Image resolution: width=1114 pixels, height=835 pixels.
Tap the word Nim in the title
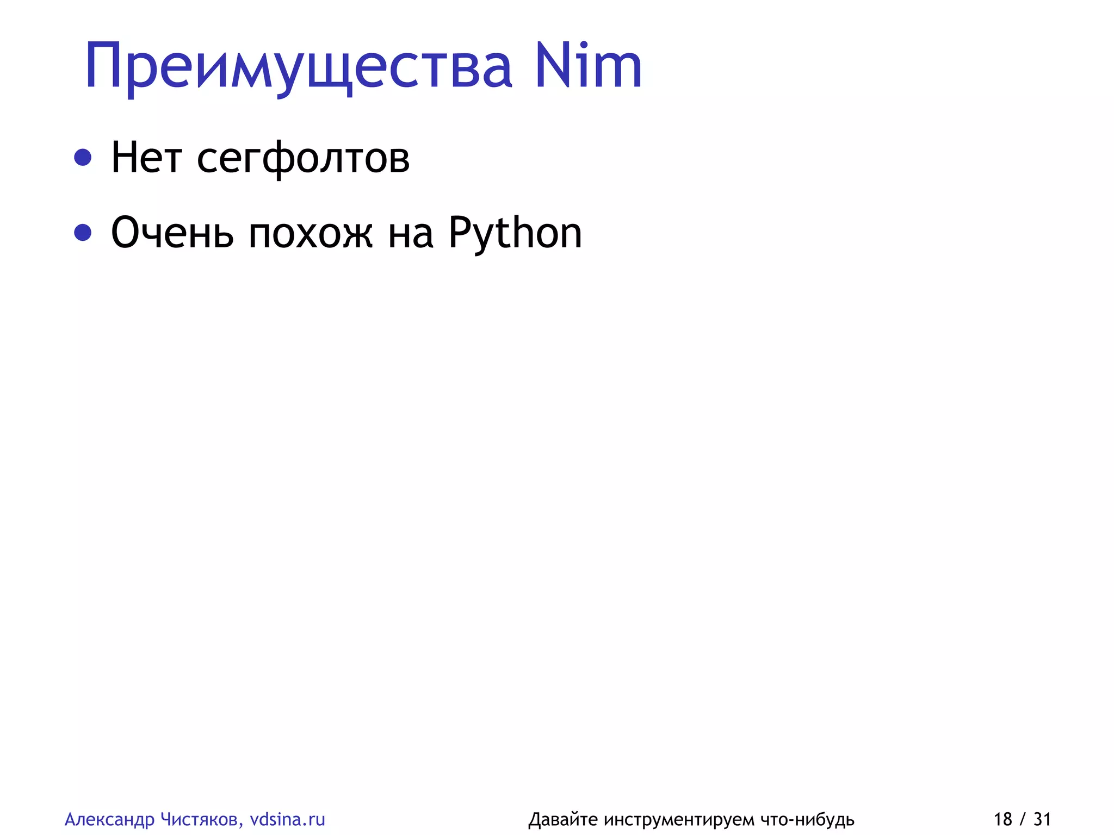tap(588, 66)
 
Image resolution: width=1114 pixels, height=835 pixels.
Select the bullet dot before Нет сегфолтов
tap(83, 158)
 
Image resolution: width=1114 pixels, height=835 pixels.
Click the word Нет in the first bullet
tap(146, 158)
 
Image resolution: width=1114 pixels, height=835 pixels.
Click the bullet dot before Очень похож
tap(83, 233)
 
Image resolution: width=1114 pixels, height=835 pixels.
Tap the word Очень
tap(172, 233)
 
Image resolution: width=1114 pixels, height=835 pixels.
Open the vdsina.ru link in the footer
tap(287, 819)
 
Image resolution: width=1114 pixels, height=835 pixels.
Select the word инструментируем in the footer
tap(679, 820)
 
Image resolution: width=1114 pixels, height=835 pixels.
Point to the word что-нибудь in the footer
tap(807, 819)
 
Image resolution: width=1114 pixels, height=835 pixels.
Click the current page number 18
tap(1002, 819)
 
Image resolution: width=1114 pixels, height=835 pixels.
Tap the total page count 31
tap(1042, 819)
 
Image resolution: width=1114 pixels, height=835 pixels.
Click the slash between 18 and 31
tap(1023, 819)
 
